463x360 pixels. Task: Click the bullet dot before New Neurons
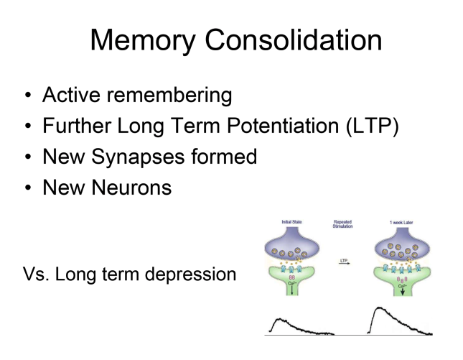[x=27, y=188]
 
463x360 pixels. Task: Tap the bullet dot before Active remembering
[x=27, y=96]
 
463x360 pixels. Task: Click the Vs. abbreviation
[x=37, y=274]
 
